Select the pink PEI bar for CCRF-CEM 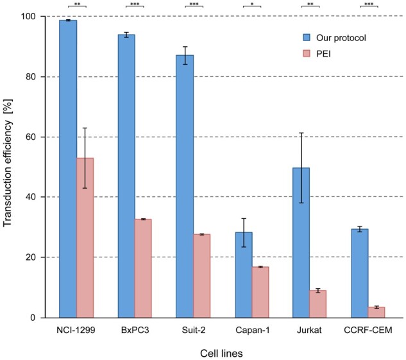[376, 312]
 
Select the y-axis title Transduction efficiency [9, 167]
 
